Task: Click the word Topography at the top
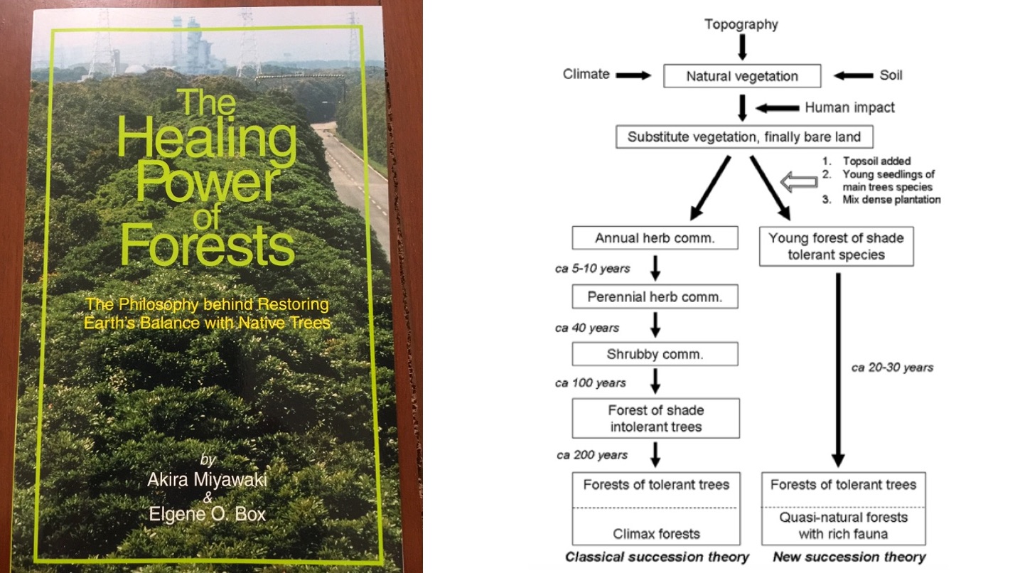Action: pyautogui.click(x=741, y=25)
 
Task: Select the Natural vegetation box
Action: pyautogui.click(x=741, y=76)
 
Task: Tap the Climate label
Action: pyautogui.click(x=586, y=74)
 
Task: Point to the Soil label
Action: pyautogui.click(x=891, y=75)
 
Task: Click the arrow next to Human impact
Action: pyautogui.click(x=777, y=108)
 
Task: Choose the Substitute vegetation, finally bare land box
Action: pyautogui.click(x=744, y=136)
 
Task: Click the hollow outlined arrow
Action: pyautogui.click(x=796, y=182)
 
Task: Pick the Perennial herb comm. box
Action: pyautogui.click(x=655, y=297)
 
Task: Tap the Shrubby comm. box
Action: pyautogui.click(x=655, y=354)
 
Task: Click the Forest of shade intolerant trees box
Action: pyautogui.click(x=655, y=418)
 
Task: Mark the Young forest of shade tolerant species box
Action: pyautogui.click(x=835, y=246)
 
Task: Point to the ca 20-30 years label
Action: pyautogui.click(x=891, y=368)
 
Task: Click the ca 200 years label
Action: pyautogui.click(x=591, y=455)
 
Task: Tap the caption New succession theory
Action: pyautogui.click(x=849, y=557)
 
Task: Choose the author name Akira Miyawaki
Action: pyautogui.click(x=207, y=480)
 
